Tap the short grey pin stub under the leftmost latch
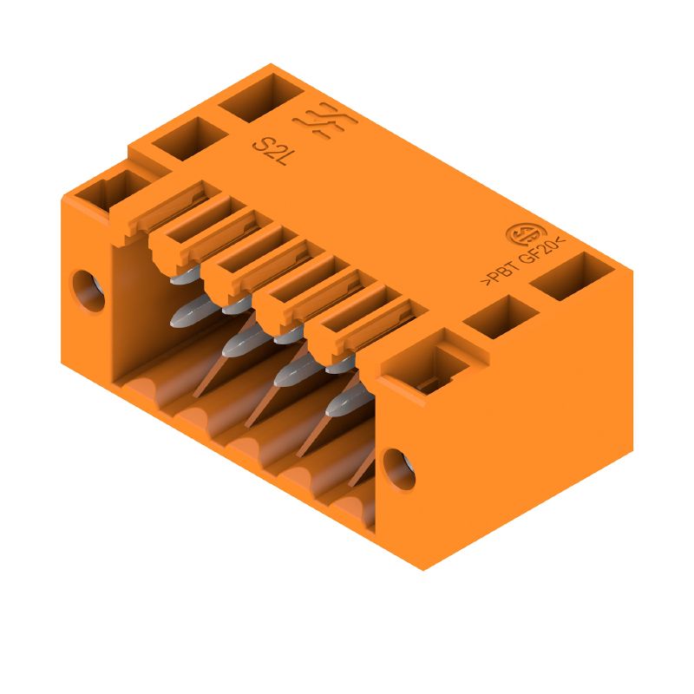coord(181,278)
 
